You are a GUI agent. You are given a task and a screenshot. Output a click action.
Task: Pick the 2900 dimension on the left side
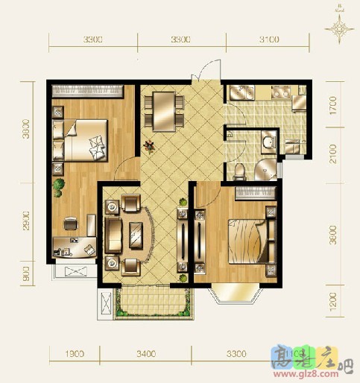pos(28,221)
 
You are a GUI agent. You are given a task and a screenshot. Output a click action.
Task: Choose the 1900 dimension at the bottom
pos(72,353)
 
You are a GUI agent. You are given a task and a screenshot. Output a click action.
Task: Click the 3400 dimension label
pos(145,353)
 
